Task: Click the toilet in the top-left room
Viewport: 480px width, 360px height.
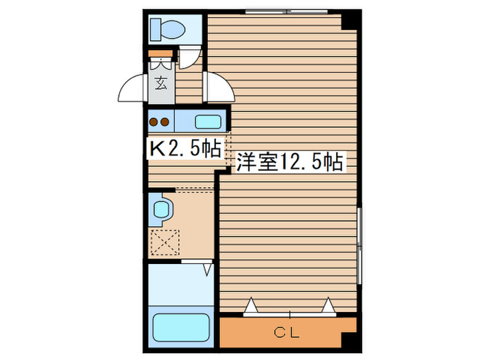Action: click(167, 29)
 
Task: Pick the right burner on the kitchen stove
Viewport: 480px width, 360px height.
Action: click(165, 123)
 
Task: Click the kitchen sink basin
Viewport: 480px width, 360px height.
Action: click(208, 122)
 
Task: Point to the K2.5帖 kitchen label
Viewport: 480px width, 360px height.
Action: click(185, 149)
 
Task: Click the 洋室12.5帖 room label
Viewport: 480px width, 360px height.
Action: click(290, 163)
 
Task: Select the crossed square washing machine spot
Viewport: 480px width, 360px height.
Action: click(165, 242)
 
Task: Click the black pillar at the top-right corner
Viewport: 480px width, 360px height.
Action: click(350, 20)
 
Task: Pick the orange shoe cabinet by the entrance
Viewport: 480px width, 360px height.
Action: click(160, 54)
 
